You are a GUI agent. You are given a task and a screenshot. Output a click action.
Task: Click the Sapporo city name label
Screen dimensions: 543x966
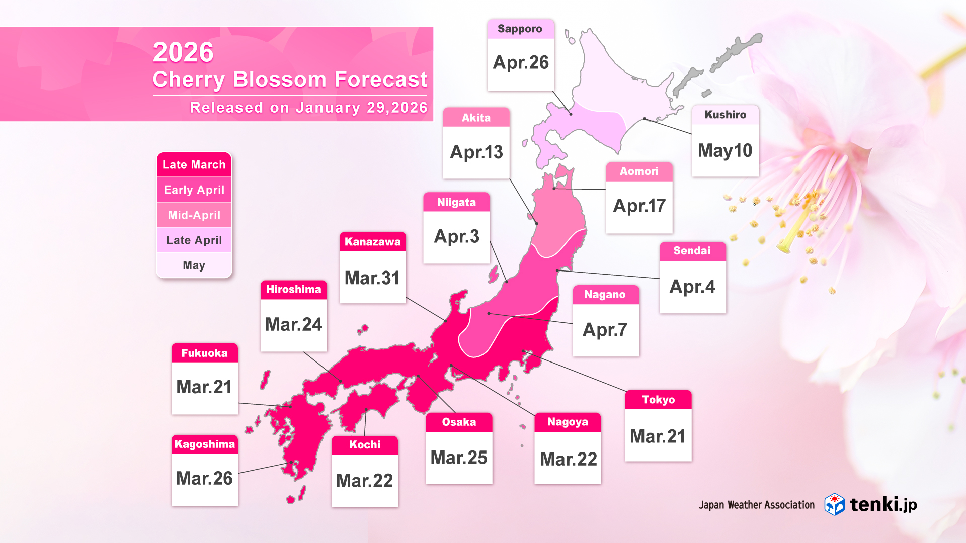coord(520,29)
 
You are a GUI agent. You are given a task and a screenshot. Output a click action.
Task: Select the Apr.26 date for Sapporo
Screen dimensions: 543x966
coord(521,63)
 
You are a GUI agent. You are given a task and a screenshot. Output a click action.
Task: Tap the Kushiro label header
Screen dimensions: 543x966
coord(725,115)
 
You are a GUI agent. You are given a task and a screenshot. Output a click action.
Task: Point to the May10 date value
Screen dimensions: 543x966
coord(725,151)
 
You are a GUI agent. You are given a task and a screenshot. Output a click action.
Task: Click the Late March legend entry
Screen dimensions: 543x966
coord(194,165)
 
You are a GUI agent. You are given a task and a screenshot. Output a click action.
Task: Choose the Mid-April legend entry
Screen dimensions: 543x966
coord(194,215)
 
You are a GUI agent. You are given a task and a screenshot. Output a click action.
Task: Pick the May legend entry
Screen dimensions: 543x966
coord(194,265)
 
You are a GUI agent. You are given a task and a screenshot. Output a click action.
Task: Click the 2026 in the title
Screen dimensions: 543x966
coord(183,52)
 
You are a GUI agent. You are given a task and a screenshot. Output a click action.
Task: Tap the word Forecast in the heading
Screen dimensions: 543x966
coord(381,79)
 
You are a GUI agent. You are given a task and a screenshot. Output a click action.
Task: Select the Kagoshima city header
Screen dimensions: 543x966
coord(204,444)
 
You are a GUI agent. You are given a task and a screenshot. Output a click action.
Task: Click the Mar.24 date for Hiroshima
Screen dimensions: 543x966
coord(293,325)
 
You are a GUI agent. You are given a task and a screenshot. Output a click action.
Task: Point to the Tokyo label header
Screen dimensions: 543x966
coord(658,400)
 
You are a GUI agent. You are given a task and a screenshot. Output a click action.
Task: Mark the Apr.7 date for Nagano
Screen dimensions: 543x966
coord(605,330)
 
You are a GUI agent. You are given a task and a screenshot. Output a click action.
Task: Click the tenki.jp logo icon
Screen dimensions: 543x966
coord(834,504)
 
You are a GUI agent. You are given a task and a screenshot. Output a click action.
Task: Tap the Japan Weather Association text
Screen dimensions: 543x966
coord(756,505)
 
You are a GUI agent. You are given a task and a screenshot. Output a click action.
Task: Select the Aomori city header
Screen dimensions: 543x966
coord(639,171)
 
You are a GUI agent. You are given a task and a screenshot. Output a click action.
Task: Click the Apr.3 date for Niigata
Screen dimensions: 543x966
coord(456,237)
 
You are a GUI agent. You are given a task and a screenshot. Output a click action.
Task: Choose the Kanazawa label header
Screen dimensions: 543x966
coord(372,242)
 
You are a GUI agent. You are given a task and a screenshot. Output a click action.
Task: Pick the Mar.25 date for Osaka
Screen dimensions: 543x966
coord(459,458)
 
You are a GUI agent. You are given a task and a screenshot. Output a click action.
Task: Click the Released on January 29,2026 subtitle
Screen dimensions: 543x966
coord(308,108)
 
